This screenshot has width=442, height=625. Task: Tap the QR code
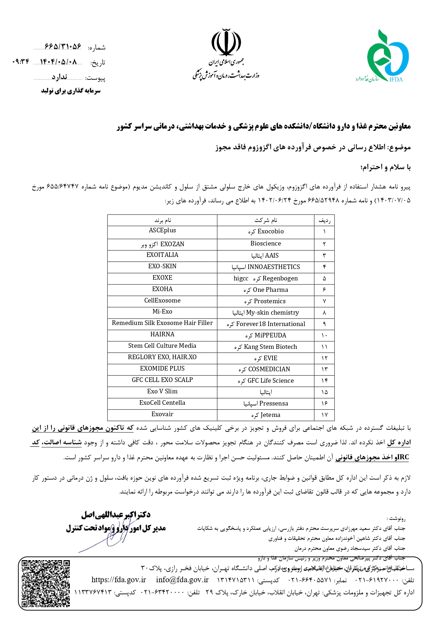pos(46,583)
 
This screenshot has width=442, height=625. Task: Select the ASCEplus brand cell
pos(162,231)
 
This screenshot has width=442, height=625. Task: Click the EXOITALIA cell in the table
pos(162,255)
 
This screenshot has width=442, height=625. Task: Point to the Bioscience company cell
pos(266,244)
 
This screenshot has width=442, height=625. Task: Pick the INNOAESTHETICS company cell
pos(266,267)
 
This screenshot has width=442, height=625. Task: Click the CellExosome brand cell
pos(162,301)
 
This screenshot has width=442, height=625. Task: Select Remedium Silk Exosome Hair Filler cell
pos(162,323)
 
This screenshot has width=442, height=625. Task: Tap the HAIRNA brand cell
pos(162,335)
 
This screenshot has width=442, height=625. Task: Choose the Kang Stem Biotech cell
pos(266,347)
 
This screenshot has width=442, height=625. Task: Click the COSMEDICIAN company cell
pos(266,370)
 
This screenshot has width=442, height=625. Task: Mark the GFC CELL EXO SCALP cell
pos(162,380)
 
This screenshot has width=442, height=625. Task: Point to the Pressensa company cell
pos(266,404)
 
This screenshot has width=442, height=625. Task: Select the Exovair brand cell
pos(162,414)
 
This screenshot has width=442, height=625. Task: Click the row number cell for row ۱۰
pos(324,335)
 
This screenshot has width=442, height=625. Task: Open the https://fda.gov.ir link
pos(119,580)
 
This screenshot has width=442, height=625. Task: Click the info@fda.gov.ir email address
pos(182,580)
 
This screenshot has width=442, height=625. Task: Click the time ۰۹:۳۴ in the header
pos(21,62)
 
